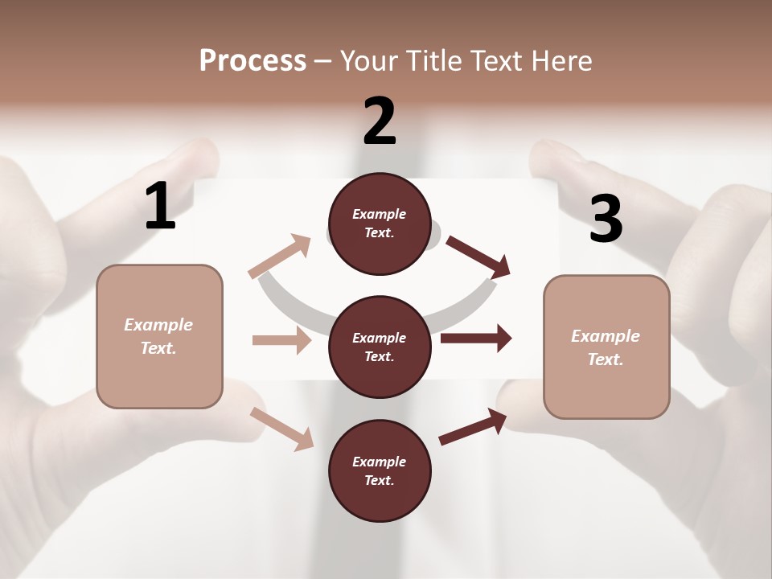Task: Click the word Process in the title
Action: point(253,61)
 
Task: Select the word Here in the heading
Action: point(561,61)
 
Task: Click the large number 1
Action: point(160,207)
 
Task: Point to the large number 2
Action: point(380,121)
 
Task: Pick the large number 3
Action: point(606,220)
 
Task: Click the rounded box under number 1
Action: point(159,336)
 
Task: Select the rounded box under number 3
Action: point(606,347)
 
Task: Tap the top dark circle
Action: point(380,224)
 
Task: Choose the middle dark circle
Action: point(380,347)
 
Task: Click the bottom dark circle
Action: point(380,470)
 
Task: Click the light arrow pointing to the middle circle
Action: point(281,340)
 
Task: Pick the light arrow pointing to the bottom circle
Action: point(282,429)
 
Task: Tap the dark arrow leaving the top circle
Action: point(478,257)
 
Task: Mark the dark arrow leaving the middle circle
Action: point(476,338)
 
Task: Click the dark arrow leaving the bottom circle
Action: point(474,425)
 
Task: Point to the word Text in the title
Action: point(498,61)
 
